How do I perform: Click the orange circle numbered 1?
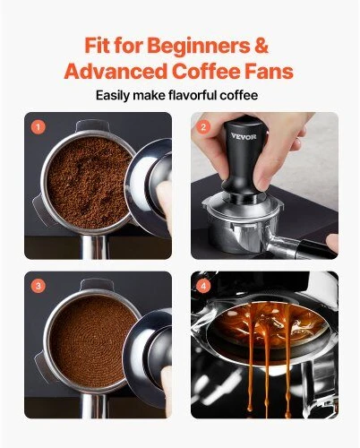pyautogui.click(x=39, y=127)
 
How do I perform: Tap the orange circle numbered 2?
pyautogui.click(x=203, y=127)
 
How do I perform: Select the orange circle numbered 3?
pyautogui.click(x=39, y=286)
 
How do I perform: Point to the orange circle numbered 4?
pyautogui.click(x=203, y=286)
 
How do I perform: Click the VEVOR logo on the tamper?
pyautogui.click(x=244, y=136)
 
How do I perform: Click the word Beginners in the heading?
pyautogui.click(x=199, y=46)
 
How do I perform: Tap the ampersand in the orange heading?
pyautogui.click(x=261, y=45)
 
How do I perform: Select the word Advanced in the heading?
pyautogui.click(x=116, y=72)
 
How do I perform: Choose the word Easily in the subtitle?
pyautogui.click(x=113, y=96)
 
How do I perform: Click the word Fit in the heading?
pyautogui.click(x=97, y=45)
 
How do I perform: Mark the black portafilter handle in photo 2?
pyautogui.click(x=316, y=249)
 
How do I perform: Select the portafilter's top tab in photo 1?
pyautogui.click(x=92, y=125)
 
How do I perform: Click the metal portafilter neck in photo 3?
pyautogui.click(x=94, y=406)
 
